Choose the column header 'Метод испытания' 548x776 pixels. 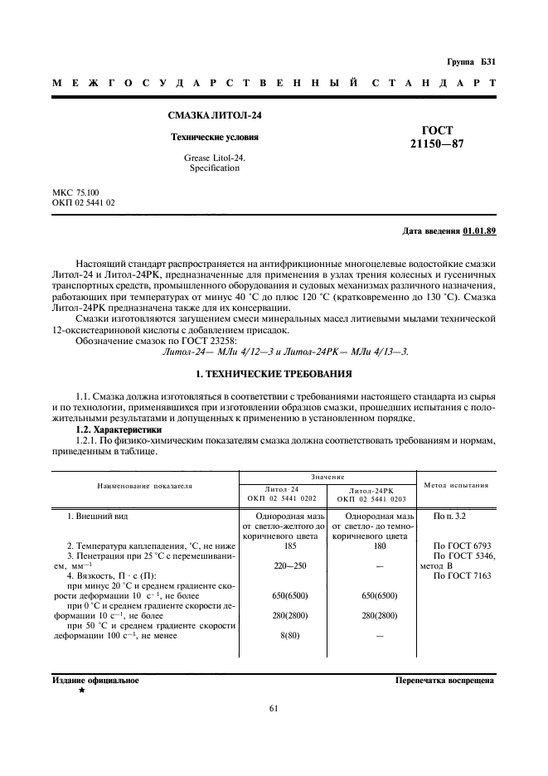tap(456, 485)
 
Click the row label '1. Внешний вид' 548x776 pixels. tap(97, 517)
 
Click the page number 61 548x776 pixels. tap(274, 707)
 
